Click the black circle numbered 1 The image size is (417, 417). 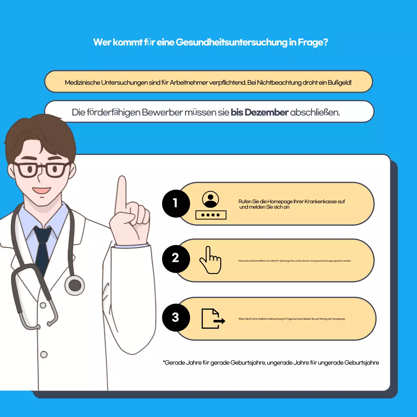176,203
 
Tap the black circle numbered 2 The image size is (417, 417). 176,258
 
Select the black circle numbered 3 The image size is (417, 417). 176,317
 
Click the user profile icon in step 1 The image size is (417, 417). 210,199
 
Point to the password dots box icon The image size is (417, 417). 211,215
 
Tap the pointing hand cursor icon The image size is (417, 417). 210,260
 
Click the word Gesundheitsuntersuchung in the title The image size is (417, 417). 231,42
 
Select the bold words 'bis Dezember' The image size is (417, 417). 259,112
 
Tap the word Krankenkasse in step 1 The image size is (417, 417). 321,201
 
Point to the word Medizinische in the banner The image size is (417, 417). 82,82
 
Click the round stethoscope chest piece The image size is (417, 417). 75,285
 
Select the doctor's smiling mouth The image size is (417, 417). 42,190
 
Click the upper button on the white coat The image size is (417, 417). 43,306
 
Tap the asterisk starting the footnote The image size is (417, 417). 164,362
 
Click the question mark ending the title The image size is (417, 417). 325,42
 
